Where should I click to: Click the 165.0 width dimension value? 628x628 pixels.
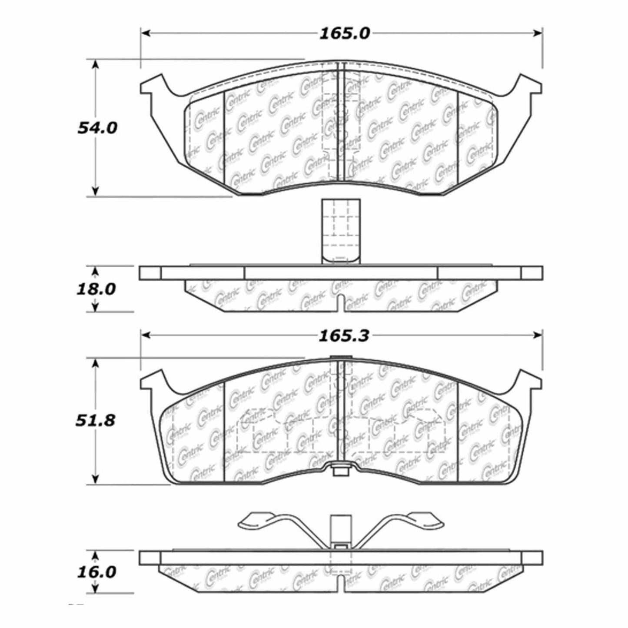344,33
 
